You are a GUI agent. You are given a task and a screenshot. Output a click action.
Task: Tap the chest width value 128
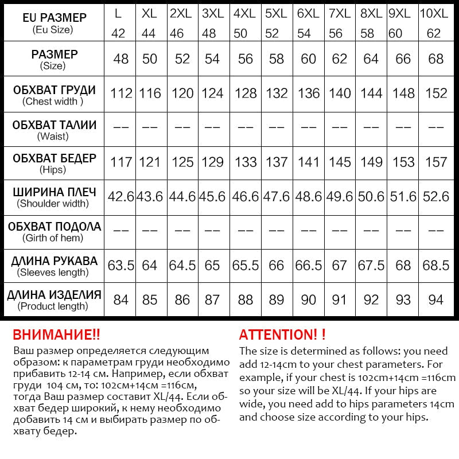tap(246, 93)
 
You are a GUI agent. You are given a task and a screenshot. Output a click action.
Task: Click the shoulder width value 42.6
tap(120, 197)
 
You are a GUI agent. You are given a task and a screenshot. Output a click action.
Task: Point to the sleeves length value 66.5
tap(309, 266)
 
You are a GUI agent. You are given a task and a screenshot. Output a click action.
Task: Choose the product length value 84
tap(120, 299)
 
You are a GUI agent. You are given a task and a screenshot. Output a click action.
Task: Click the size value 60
tap(309, 59)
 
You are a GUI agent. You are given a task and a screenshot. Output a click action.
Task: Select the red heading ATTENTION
tap(282, 334)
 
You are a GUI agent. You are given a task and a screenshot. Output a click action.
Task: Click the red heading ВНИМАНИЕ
tap(56, 334)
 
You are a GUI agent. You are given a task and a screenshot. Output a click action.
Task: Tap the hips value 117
tap(121, 162)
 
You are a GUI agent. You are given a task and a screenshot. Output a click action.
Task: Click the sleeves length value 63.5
tap(120, 266)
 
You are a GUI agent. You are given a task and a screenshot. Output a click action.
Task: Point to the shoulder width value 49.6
tap(340, 197)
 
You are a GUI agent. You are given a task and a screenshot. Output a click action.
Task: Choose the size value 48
tap(120, 59)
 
